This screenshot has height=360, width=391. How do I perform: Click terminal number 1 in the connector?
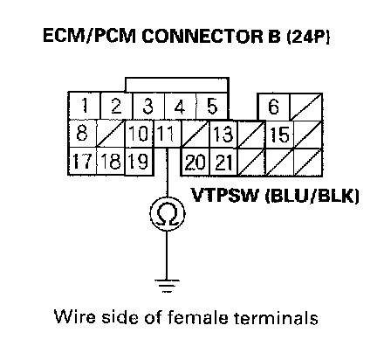[x=85, y=106]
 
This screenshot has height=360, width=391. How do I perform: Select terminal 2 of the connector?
[x=116, y=106]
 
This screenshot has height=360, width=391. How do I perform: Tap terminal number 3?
[x=148, y=106]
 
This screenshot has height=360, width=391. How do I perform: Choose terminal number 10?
[x=139, y=134]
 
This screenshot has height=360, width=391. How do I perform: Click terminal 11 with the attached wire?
[x=168, y=134]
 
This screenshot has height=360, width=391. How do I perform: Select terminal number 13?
[x=223, y=135]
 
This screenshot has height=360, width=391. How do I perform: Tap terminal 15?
[x=280, y=135]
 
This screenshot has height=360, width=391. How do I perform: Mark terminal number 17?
[x=83, y=161]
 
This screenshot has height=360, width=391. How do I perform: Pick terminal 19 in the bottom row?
[x=139, y=161]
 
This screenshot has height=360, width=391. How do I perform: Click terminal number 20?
[x=195, y=162]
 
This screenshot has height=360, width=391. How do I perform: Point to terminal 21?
[x=223, y=162]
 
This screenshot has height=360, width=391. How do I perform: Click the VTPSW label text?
[x=224, y=195]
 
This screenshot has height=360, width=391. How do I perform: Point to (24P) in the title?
[x=308, y=36]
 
